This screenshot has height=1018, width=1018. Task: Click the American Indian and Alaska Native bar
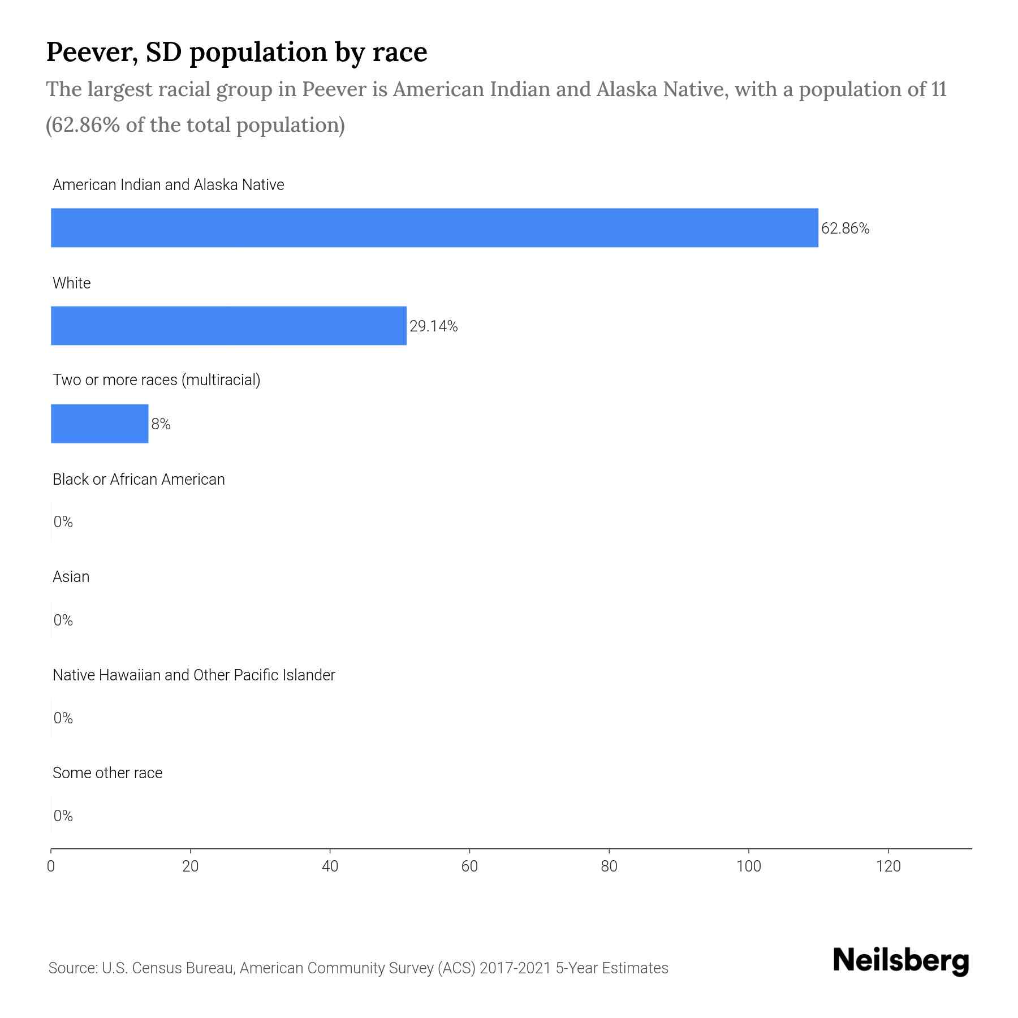click(x=434, y=227)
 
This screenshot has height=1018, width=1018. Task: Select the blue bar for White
click(x=228, y=326)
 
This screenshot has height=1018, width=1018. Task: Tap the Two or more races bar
click(x=100, y=424)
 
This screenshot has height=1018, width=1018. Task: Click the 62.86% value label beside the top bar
click(x=845, y=228)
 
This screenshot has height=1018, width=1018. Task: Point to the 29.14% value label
click(x=433, y=326)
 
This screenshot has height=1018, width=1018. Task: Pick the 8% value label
click(x=161, y=424)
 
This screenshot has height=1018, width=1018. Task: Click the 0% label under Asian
click(x=63, y=620)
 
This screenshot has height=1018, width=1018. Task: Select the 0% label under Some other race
click(x=63, y=816)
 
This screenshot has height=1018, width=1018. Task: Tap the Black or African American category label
click(x=139, y=480)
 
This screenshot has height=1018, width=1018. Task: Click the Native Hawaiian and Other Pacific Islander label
click(x=193, y=675)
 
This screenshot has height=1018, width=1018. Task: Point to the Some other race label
click(x=107, y=773)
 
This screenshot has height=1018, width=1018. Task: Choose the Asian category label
click(x=71, y=577)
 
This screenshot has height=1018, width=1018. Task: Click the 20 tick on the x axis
click(x=191, y=866)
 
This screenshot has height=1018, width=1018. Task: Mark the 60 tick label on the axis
click(x=469, y=866)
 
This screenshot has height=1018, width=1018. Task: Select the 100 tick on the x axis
click(x=748, y=866)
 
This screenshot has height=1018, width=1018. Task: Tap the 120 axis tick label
click(x=888, y=866)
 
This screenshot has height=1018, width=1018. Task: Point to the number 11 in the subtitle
click(x=939, y=89)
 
